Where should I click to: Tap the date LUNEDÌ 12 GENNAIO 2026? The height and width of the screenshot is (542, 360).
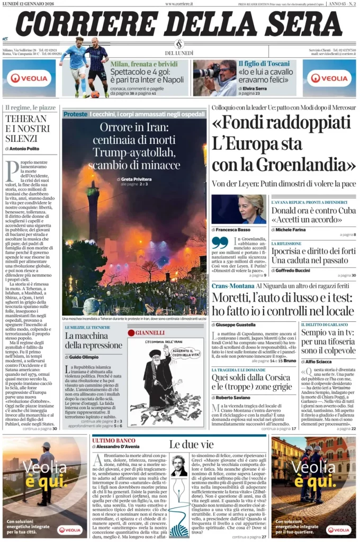coord(32,4)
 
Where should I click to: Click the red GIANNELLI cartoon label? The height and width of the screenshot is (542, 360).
coord(150,333)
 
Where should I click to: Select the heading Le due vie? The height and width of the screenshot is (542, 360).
coord(192,445)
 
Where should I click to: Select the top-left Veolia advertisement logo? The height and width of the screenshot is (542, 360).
coord(29,78)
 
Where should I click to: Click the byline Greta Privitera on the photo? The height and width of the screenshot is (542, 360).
coord(136,179)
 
